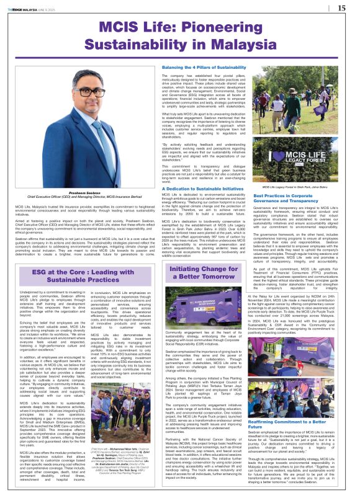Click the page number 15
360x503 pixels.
click(341, 8)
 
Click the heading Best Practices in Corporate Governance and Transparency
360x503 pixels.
click(292, 198)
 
